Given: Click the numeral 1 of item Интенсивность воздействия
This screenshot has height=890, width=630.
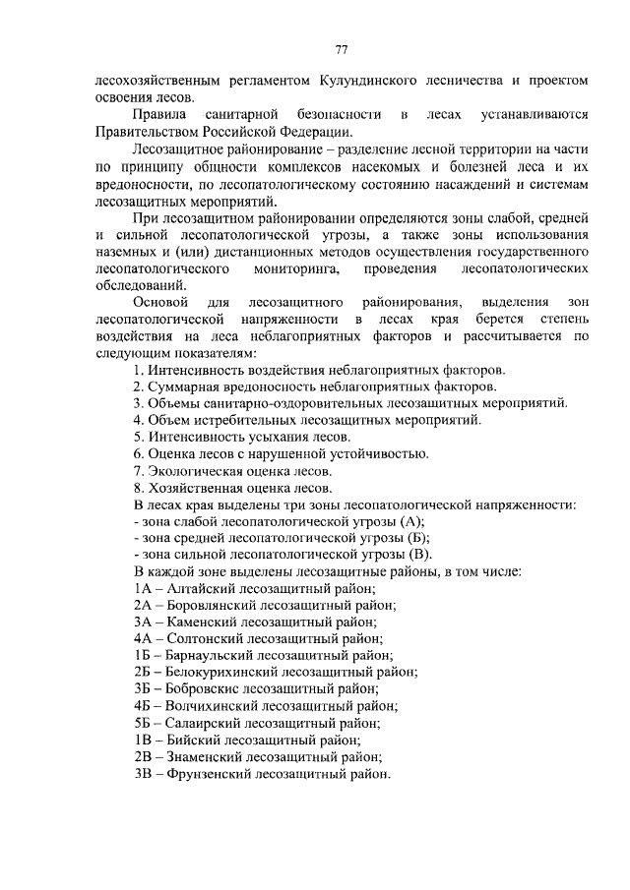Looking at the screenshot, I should coord(137,370).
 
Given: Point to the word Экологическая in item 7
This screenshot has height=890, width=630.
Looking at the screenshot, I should coord(195,472).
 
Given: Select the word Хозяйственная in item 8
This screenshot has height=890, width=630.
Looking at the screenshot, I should coord(196,489).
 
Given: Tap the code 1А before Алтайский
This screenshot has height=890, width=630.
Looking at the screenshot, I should coord(142,587).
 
